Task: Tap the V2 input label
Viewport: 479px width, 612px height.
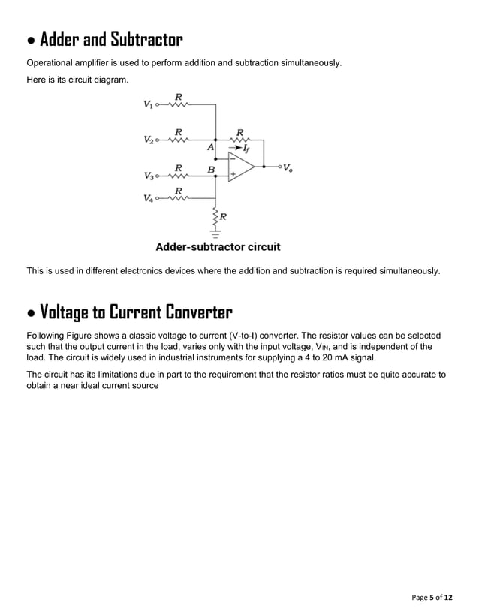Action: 148,140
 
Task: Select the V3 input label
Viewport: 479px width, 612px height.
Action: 148,176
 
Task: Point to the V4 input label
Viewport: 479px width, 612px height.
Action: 148,199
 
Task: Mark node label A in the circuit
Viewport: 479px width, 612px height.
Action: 211,148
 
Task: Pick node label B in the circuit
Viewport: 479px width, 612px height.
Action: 211,170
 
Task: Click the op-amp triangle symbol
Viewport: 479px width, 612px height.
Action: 242,166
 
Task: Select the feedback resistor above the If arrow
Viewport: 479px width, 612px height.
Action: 240,140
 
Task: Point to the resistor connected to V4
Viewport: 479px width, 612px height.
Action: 178,199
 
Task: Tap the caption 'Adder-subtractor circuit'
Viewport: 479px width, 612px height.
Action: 218,246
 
